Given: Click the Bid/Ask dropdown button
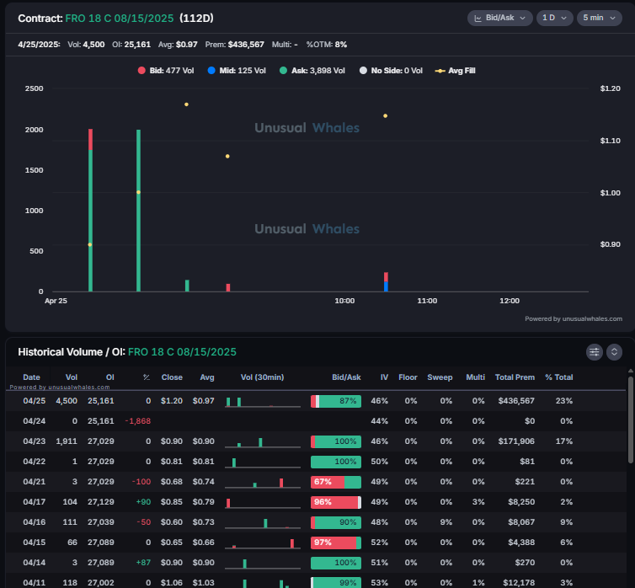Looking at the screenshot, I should pyautogui.click(x=500, y=18).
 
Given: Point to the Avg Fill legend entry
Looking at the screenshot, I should pyautogui.click(x=455, y=71).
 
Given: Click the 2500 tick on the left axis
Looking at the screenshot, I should pyautogui.click(x=35, y=88).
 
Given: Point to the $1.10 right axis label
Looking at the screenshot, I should pyautogui.click(x=610, y=141).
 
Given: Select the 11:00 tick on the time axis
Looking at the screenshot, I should pyautogui.click(x=427, y=300).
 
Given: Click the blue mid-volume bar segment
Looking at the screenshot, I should pyautogui.click(x=386, y=286).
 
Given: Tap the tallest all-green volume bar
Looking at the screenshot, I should pyautogui.click(x=138, y=211).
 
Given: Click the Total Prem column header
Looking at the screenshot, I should pyautogui.click(x=515, y=377).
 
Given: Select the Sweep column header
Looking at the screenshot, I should pyautogui.click(x=440, y=377).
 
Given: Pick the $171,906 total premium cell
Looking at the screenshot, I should pyautogui.click(x=515, y=441).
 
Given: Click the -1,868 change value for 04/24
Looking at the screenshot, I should pyautogui.click(x=137, y=420).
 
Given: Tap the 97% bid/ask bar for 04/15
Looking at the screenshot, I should pyautogui.click(x=335, y=543).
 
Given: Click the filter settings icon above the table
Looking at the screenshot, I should pyautogui.click(x=595, y=351).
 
